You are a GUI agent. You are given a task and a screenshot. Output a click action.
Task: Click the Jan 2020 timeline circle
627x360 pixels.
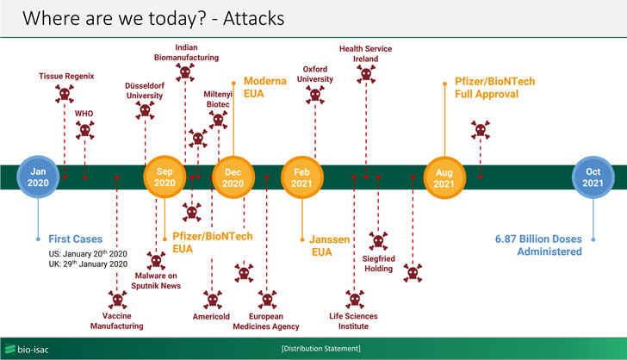38,177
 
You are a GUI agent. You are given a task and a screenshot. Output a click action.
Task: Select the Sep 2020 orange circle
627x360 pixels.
165,177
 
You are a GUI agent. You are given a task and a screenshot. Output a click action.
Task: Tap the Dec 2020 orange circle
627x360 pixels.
233,177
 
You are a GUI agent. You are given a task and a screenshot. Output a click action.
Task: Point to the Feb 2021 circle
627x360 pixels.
301,177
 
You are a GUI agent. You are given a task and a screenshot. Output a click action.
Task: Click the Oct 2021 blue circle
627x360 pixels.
593,177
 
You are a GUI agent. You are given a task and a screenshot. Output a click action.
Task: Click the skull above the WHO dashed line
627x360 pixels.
84,131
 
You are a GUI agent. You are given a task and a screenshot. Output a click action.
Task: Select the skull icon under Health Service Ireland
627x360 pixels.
366,76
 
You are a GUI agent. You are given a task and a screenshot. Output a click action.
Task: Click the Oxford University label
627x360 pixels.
314,74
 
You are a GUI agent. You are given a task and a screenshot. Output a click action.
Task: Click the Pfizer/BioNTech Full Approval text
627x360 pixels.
494,88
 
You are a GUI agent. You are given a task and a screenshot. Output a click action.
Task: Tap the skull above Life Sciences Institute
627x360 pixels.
353,299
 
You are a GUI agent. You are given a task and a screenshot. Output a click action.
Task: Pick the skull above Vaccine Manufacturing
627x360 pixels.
116,299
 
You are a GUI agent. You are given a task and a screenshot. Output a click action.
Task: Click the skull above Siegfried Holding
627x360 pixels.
378,240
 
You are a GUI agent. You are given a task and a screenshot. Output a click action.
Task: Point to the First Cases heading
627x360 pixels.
75,239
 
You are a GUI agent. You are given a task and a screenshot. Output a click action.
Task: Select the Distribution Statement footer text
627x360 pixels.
321,348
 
